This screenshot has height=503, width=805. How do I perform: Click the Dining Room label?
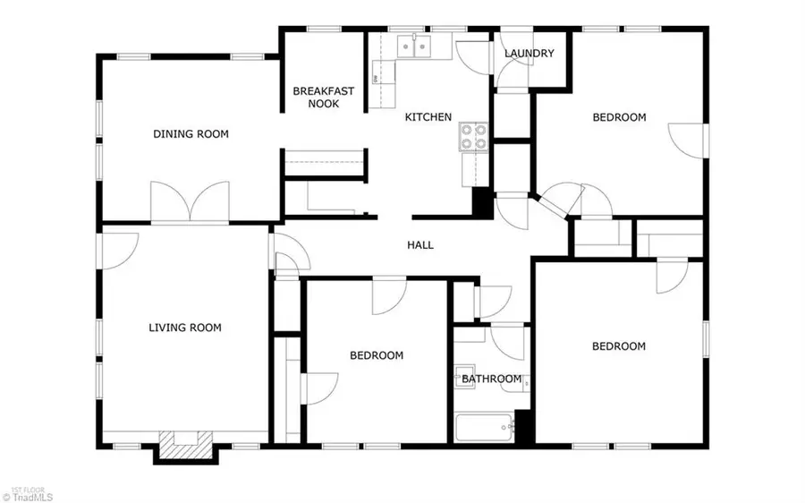[x=191, y=134]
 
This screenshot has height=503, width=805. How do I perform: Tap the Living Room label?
[x=184, y=328]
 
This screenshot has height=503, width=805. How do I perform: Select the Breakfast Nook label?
[x=323, y=97]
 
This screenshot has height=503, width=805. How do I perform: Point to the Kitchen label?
[x=428, y=117]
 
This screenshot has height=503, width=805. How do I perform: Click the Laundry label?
[x=529, y=54]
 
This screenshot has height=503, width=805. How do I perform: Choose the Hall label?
[x=420, y=244]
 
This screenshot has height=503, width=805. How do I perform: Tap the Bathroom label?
[x=491, y=379]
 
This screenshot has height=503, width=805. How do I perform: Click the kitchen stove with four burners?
[x=474, y=136]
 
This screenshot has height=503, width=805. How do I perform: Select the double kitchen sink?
[x=413, y=45]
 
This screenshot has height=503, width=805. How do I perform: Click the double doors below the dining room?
[x=190, y=203]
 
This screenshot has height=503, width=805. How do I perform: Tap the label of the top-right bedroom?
[x=619, y=117]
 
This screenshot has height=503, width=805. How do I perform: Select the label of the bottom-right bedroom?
[x=619, y=346]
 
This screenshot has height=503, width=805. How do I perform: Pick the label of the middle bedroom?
[x=376, y=355]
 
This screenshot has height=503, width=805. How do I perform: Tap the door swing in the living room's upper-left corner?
[x=120, y=250]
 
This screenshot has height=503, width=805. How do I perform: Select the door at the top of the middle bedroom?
[x=390, y=296]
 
